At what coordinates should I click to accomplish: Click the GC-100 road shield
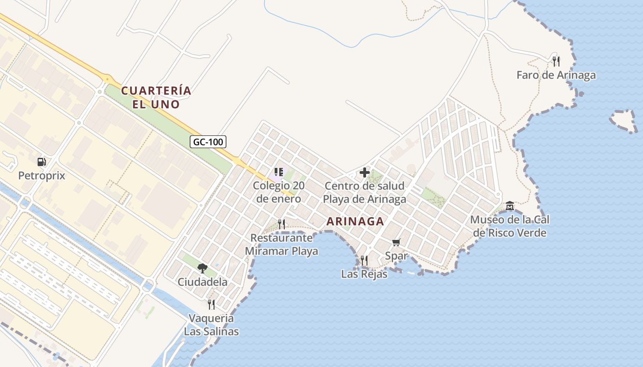(208, 142)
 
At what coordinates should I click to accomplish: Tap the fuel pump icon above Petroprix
(41, 161)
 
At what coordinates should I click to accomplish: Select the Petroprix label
(41, 176)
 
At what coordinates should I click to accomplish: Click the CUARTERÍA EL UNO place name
(156, 97)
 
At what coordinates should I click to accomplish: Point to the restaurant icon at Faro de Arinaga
(556, 61)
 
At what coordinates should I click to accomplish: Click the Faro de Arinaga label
(556, 75)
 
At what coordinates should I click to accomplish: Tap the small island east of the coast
(623, 120)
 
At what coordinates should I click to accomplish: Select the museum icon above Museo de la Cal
(510, 206)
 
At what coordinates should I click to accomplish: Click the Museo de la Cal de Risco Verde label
(510, 226)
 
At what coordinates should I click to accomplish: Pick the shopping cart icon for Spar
(396, 242)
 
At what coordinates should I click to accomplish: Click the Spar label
(396, 256)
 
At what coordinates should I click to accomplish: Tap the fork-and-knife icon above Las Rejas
(364, 261)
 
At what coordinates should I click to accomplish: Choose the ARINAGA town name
(355, 222)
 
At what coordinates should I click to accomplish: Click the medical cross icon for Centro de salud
(365, 172)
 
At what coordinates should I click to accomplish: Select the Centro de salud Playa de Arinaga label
(365, 193)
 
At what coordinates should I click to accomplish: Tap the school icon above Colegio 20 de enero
(278, 172)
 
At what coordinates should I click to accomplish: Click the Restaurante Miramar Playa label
(282, 245)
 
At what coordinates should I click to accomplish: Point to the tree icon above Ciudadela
(202, 268)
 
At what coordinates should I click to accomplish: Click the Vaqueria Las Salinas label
(211, 324)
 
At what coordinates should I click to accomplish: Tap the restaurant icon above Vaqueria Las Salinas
(211, 304)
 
